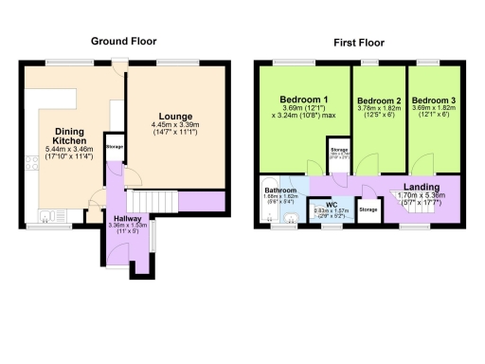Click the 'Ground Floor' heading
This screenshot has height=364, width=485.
pyautogui.click(x=122, y=42)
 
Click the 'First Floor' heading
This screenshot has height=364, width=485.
pyautogui.click(x=358, y=43)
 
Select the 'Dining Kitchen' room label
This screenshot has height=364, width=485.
pyautogui.click(x=69, y=136)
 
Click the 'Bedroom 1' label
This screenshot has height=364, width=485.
pyautogui.click(x=304, y=100)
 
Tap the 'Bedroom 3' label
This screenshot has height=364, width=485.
pyautogui.click(x=432, y=100)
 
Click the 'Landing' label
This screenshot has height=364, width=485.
pyautogui.click(x=422, y=188)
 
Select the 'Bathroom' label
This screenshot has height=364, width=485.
pyautogui.click(x=280, y=190)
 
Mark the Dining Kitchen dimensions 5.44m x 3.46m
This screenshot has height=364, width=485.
pyautogui.click(x=69, y=155)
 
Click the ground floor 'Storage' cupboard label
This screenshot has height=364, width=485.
pyautogui.click(x=115, y=147)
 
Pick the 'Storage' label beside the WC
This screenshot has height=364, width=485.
pyautogui.click(x=368, y=209)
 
